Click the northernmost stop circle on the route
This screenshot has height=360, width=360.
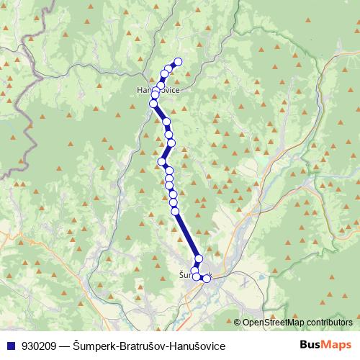178,61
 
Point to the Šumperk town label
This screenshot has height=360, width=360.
185,274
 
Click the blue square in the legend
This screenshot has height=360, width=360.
11,346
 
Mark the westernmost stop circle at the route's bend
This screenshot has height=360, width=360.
162,161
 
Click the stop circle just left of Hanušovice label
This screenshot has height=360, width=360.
155,95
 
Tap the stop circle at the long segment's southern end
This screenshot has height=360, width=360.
199,258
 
